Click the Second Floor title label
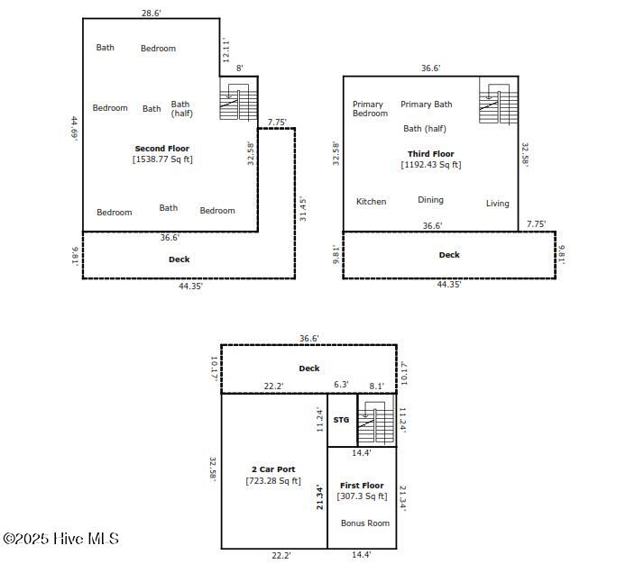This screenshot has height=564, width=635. pos(162,149)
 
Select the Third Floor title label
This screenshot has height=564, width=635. pos(431,154)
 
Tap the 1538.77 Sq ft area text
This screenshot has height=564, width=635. pos(162,159)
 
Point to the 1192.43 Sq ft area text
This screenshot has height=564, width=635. pos(431,165)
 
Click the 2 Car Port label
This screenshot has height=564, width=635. pos(273,469)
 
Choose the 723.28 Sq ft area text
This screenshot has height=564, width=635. pos(273,480)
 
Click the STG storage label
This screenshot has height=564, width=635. pos(341,420)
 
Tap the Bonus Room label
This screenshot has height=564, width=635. pos(365,523)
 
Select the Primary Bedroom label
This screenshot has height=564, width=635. pos(370,109)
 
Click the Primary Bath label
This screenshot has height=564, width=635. pos(427,105)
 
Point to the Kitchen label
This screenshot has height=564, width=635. pos(371,202)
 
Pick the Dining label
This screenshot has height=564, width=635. pos(430,200)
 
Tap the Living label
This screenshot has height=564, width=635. pos(497,204)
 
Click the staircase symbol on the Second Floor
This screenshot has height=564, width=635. pos(238,102)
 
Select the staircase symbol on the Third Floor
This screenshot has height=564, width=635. pos(499,104)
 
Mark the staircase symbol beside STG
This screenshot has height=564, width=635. pos(376,422)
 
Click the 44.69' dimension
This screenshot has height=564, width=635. pos(75,127)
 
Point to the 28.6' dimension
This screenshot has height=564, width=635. pos(151,13)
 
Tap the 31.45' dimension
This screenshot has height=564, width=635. pos(303,209)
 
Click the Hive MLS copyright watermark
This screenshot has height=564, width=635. pos(61,539)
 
